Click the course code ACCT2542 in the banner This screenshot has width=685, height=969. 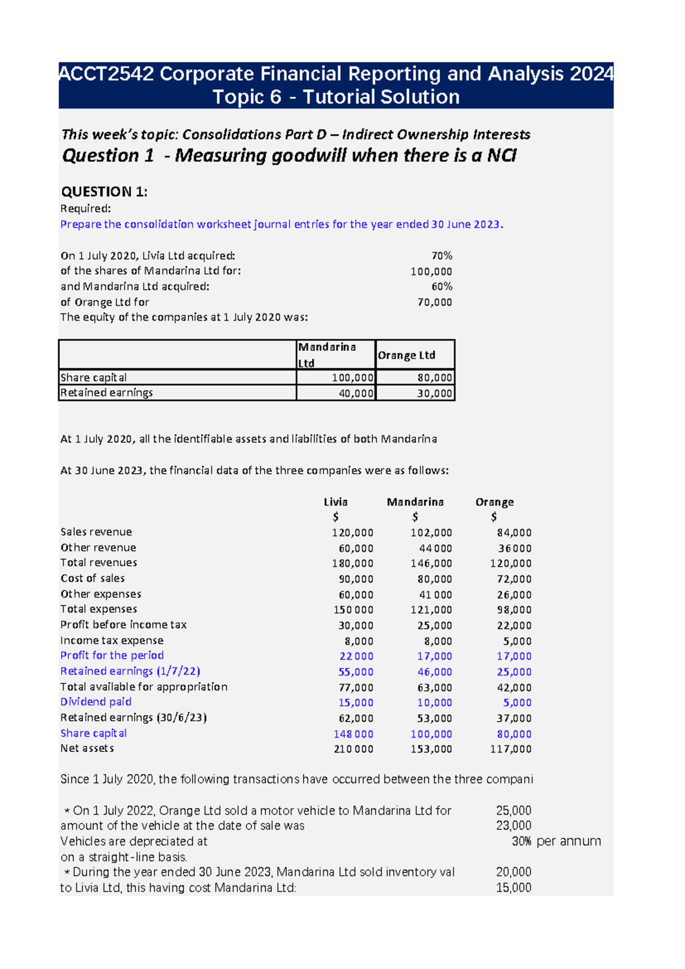point(106,74)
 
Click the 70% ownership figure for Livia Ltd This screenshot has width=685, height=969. point(441,256)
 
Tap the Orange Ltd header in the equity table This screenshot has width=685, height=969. point(406,355)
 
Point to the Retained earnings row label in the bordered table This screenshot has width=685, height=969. point(107,393)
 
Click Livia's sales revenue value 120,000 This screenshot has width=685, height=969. point(353,533)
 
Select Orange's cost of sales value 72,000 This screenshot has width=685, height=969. point(514,579)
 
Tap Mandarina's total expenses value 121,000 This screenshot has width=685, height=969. point(431,610)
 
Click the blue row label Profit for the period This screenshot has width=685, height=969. point(112,656)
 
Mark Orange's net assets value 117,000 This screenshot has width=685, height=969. point(510,749)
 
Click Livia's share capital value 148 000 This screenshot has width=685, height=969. point(353,734)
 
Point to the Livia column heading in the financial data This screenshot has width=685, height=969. point(336,502)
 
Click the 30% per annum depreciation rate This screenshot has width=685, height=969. point(556,842)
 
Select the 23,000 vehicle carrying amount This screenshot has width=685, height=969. point(513,826)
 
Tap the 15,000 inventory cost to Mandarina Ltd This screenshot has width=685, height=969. point(513,888)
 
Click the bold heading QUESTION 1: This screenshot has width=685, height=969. point(104,192)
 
